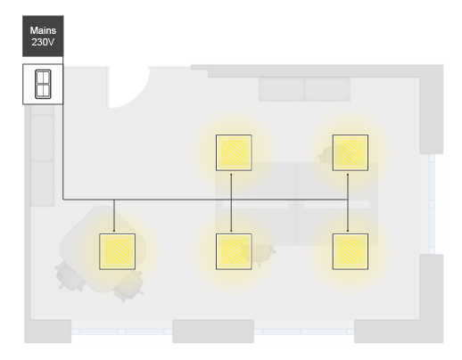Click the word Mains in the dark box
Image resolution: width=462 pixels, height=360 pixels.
click(x=43, y=30)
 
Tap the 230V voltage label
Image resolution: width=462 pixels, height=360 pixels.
click(x=43, y=42)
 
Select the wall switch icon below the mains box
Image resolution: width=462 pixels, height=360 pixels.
click(x=43, y=84)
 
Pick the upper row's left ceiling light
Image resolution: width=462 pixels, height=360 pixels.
click(x=234, y=152)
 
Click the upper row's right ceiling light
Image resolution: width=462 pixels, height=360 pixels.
click(x=351, y=152)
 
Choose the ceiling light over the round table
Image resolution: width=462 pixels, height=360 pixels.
click(x=117, y=251)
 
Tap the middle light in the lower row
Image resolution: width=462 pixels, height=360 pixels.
click(x=234, y=251)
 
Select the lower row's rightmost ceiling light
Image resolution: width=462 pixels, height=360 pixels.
click(x=351, y=251)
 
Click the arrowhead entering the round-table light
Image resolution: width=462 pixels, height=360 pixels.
click(x=114, y=231)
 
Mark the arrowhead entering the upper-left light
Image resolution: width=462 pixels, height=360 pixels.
click(x=231, y=175)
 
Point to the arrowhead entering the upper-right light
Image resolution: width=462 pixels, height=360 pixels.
click(x=348, y=175)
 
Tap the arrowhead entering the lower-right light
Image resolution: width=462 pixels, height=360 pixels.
click(x=348, y=231)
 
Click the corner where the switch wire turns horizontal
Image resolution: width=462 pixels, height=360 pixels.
click(x=63, y=200)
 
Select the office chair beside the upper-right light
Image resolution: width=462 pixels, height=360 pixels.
click(x=326, y=154)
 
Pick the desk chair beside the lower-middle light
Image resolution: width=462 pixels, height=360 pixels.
click(x=261, y=255)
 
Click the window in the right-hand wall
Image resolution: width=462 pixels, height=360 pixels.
click(x=432, y=204)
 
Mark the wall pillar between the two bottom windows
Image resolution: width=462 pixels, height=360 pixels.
click(x=213, y=331)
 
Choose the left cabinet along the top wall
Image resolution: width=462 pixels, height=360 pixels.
click(x=282, y=89)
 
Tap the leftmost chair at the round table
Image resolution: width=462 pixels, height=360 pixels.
click(x=70, y=277)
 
